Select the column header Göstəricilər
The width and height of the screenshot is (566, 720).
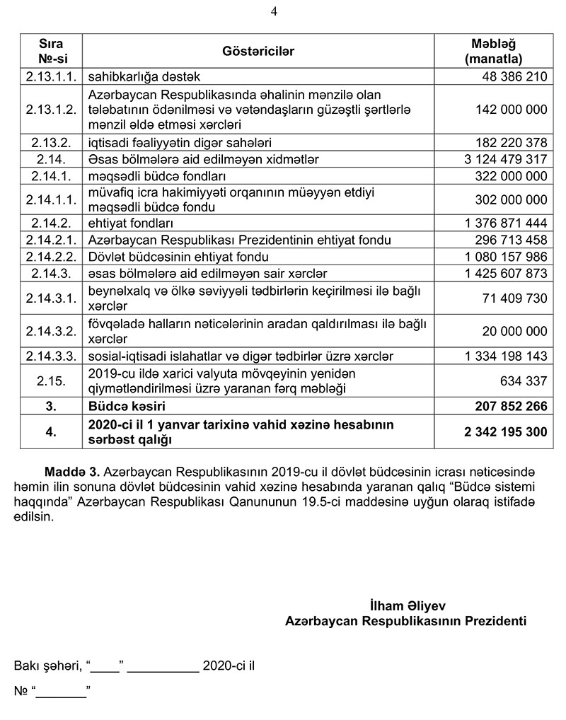pos(259,52)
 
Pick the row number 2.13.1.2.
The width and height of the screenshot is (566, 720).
pos(50,110)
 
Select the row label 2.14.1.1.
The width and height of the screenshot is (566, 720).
pos(50,200)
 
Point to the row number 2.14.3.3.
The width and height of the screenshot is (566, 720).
pos(50,356)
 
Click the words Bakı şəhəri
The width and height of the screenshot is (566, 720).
pos(46,666)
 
